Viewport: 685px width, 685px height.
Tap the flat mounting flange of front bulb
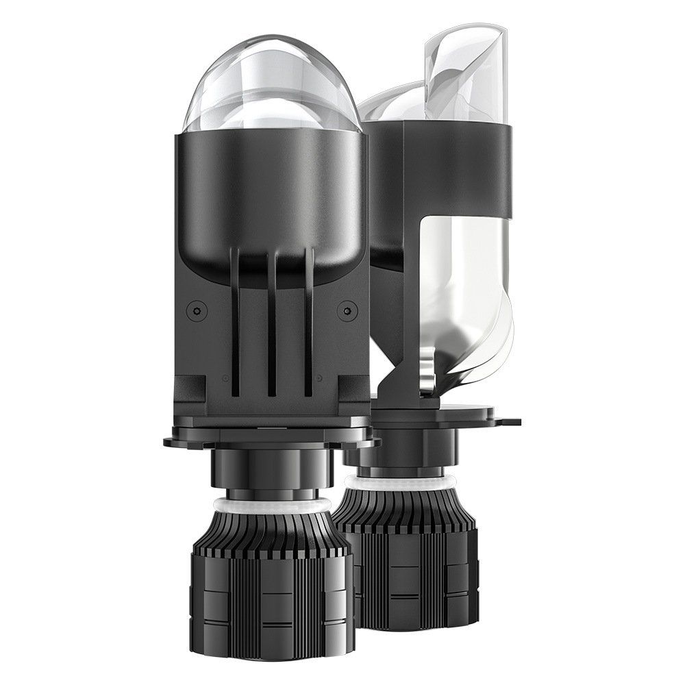coord(271,437)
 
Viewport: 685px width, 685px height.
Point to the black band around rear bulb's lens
coord(452,164)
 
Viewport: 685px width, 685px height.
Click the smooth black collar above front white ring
coord(271,473)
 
